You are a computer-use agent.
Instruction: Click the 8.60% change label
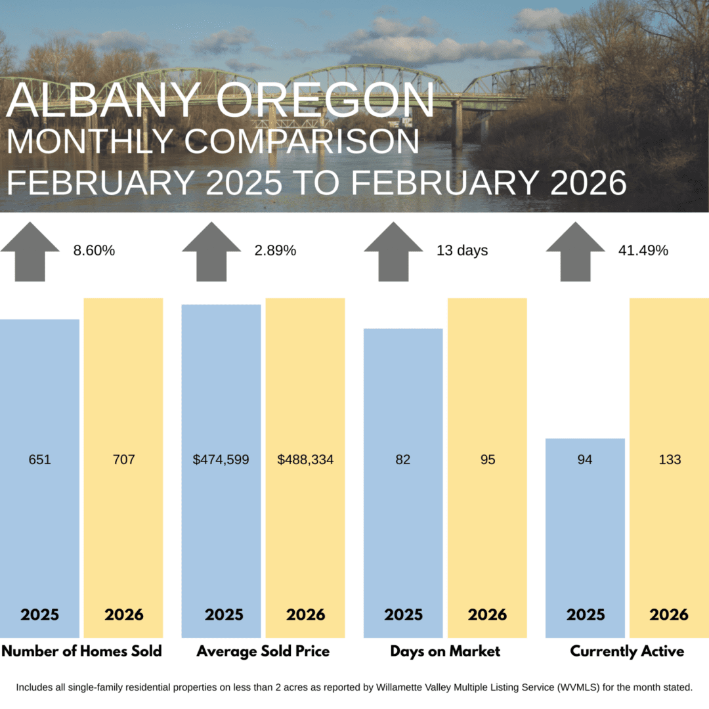[95, 251]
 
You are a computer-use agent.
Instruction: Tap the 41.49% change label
[643, 251]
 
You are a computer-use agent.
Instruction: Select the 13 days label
[462, 251]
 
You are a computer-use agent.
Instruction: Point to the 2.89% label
[275, 251]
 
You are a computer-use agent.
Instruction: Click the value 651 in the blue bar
[39, 460]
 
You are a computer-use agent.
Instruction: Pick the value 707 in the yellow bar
[123, 460]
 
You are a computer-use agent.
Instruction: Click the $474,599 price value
[221, 460]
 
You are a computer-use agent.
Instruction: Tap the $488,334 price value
[305, 460]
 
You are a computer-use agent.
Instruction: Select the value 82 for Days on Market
[402, 460]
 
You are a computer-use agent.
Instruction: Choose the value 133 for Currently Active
[670, 460]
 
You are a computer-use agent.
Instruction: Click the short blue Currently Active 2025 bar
[585, 525]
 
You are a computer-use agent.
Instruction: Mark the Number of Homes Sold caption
[81, 652]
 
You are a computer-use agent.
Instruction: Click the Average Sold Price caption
[263, 652]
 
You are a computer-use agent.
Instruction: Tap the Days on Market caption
[445, 652]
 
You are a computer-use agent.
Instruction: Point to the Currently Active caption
[627, 652]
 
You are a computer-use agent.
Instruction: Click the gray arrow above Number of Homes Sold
[30, 251]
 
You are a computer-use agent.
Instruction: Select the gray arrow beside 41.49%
[575, 251]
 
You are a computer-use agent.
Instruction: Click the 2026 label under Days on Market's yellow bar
[487, 615]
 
